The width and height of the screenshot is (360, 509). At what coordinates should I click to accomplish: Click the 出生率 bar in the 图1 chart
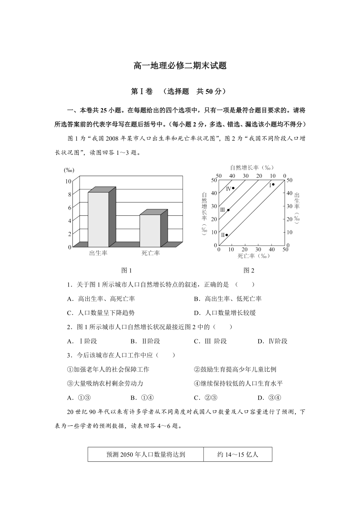pos(98,219)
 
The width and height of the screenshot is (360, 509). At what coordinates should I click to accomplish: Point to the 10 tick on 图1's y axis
pos(68,181)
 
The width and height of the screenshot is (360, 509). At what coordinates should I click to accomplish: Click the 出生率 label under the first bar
pos(98,253)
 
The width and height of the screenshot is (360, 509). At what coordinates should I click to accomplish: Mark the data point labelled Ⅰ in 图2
pos(273,184)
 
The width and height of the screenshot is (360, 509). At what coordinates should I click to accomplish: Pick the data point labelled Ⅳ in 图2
pos(233,188)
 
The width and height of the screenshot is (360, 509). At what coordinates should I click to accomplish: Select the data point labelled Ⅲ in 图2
pos(228,210)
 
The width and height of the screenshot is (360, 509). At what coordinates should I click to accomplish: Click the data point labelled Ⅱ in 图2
pos(227,235)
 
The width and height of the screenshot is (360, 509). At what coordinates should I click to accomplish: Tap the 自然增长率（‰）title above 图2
pos(251,168)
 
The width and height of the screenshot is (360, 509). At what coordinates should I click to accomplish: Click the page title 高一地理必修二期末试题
pos(180,66)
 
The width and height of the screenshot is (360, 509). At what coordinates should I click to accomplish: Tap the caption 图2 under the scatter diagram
pos(249,270)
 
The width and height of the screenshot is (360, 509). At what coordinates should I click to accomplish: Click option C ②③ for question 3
pos(205,398)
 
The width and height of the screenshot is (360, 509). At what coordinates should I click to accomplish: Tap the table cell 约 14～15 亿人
pos(238,454)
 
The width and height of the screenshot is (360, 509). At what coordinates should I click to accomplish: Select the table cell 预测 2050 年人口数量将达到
pos(146,454)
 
